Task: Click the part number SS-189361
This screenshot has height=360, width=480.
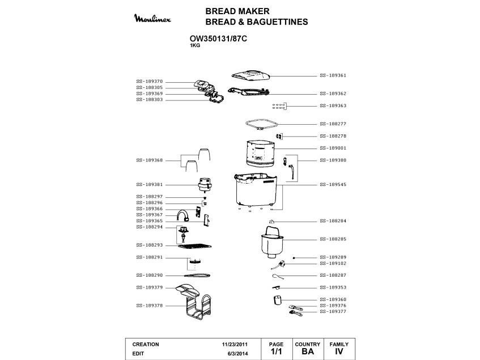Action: click(x=333, y=75)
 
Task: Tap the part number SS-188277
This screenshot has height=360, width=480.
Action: click(x=333, y=124)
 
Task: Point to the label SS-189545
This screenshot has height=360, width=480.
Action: click(x=333, y=185)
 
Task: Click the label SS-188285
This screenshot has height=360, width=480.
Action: click(x=333, y=239)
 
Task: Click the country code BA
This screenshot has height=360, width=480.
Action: click(x=308, y=352)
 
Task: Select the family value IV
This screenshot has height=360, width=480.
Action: click(x=339, y=352)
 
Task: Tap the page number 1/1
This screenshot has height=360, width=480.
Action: click(x=276, y=352)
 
